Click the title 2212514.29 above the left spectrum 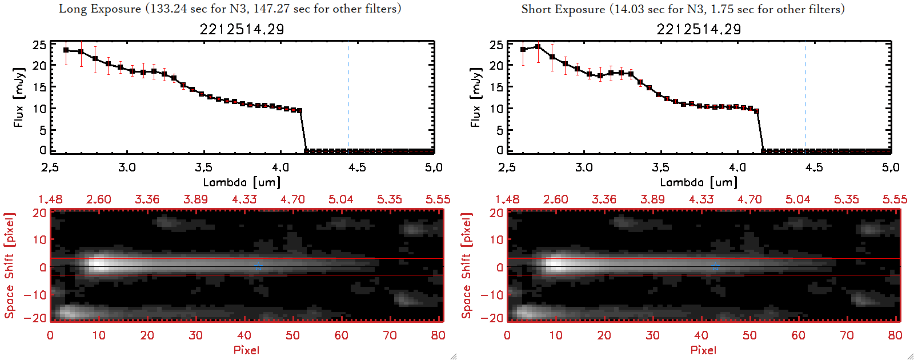pyautogui.click(x=242, y=29)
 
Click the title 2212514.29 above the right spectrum pyautogui.click(x=699, y=29)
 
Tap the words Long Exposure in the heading pyautogui.click(x=100, y=9)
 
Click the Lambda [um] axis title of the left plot pyautogui.click(x=242, y=182)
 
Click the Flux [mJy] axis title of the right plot pyautogui.click(x=475, y=97)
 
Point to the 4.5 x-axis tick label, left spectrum pyautogui.click(x=357, y=167)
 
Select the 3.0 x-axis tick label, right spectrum pyautogui.click(x=584, y=167)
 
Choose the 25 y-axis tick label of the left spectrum pyautogui.click(x=39, y=45)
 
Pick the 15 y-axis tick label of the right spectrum pyautogui.click(x=496, y=87)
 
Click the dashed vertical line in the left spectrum pyautogui.click(x=348, y=97)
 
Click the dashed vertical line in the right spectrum pyautogui.click(x=805, y=97)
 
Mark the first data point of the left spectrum pyautogui.click(x=66, y=50)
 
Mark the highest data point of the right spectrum pyautogui.click(x=538, y=47)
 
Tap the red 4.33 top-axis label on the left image pyautogui.click(x=244, y=199)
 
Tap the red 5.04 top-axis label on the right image pyautogui.click(x=797, y=199)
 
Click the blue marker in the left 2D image pyautogui.click(x=258, y=267)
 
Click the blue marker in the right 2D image pyautogui.click(x=715, y=267)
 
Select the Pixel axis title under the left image pyautogui.click(x=246, y=350)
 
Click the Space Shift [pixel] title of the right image pyautogui.click(x=466, y=266)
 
